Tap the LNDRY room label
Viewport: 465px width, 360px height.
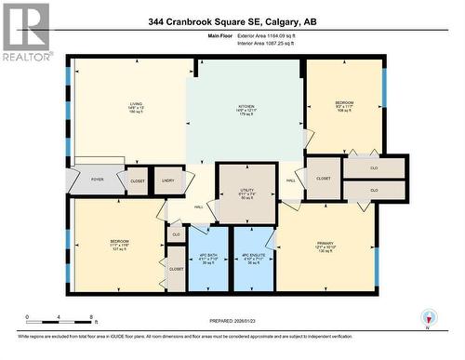167,180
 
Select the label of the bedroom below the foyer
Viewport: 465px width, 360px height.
120,243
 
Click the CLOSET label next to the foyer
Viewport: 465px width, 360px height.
138,181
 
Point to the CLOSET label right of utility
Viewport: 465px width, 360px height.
324,178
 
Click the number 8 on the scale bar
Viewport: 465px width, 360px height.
91,317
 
